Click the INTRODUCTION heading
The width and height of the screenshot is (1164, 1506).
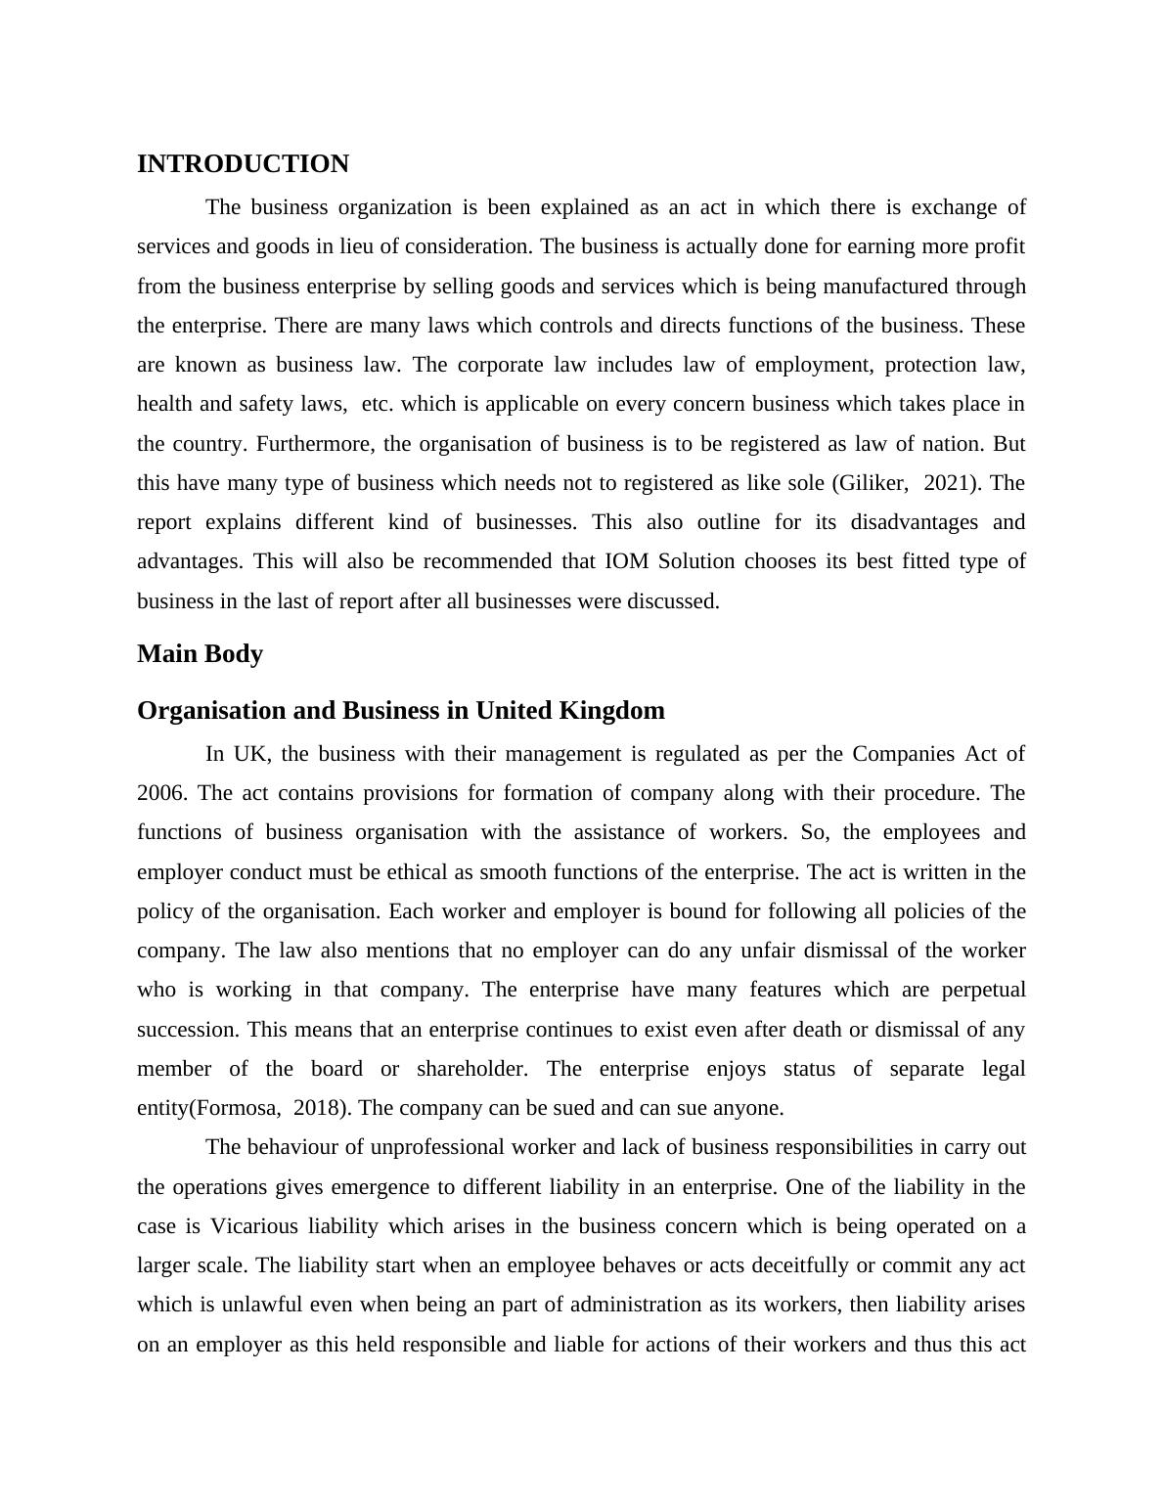pos(243,164)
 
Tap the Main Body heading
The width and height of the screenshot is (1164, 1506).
pos(200,654)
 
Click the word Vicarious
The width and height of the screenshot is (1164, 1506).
pos(255,1226)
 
